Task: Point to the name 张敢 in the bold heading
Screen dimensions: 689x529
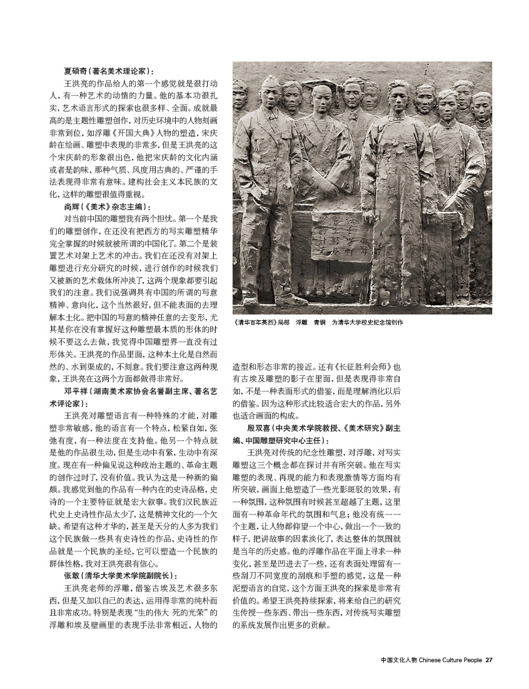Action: [73, 575]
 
